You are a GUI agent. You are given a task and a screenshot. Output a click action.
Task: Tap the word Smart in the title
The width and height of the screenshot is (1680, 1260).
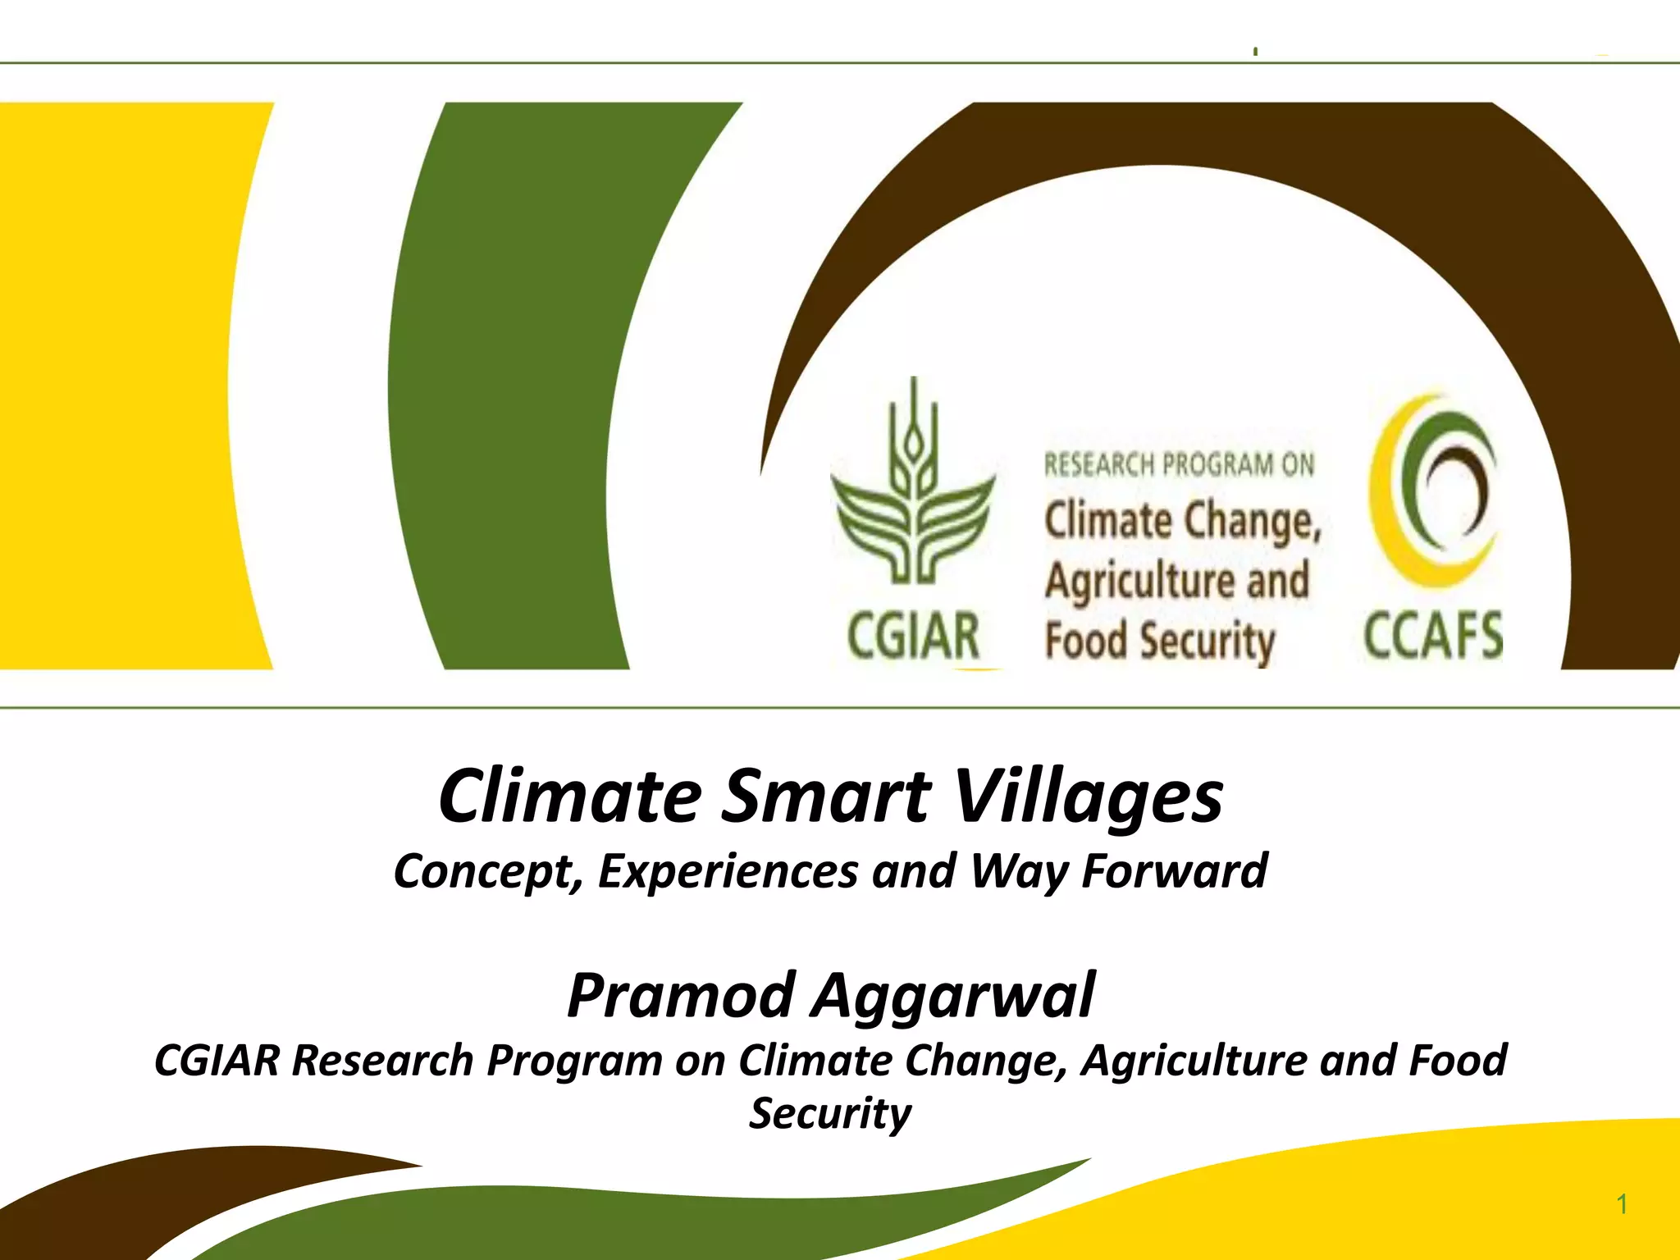pyautogui.click(x=826, y=797)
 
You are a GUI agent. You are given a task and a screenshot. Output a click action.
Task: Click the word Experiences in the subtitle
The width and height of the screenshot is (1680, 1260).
pyautogui.click(x=728, y=871)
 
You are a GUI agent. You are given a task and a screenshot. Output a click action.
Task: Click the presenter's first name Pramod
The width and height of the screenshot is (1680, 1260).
pyautogui.click(x=680, y=994)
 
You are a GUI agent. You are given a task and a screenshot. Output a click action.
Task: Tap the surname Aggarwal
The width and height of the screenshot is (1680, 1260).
pyautogui.click(x=953, y=996)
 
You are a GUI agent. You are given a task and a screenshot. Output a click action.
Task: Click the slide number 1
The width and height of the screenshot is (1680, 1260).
pyautogui.click(x=1622, y=1204)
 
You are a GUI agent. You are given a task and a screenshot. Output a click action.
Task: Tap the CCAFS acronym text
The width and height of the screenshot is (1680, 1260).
pyautogui.click(x=1433, y=636)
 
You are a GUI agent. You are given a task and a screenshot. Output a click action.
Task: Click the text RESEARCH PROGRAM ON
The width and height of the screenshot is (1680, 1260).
pyautogui.click(x=1179, y=465)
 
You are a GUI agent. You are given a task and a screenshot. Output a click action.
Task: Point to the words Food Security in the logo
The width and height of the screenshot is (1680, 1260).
pyautogui.click(x=1159, y=641)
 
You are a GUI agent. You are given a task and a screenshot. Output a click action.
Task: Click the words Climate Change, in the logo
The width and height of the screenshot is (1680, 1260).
pyautogui.click(x=1182, y=522)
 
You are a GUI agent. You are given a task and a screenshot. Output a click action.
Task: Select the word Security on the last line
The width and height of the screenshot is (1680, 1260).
pyautogui.click(x=830, y=1113)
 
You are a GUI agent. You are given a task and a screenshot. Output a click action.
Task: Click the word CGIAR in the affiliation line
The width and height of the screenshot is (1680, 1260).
pyautogui.click(x=217, y=1060)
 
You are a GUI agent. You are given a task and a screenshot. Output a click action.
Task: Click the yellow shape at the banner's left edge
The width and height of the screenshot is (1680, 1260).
pyautogui.click(x=123, y=386)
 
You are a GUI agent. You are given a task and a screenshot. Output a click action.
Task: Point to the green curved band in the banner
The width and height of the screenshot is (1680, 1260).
pyautogui.click(x=509, y=386)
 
